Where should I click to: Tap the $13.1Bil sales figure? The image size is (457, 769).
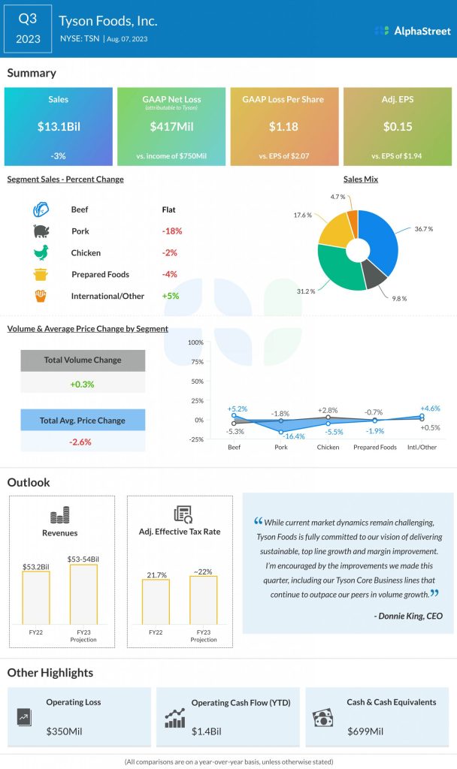click(59, 127)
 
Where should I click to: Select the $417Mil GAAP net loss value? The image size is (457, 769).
click(172, 127)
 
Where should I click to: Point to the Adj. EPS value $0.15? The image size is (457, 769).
click(397, 127)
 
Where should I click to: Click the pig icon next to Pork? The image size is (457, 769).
click(41, 231)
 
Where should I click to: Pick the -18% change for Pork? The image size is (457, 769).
click(172, 231)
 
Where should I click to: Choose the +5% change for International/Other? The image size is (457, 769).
click(170, 296)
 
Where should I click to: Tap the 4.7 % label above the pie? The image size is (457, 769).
click(337, 197)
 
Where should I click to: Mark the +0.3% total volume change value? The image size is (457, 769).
click(82, 384)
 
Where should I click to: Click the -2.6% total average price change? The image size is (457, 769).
click(80, 442)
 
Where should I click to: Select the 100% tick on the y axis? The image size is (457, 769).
click(195, 342)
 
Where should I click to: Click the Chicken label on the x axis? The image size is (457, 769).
click(328, 448)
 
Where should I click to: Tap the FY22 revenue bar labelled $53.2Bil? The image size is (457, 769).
click(36, 597)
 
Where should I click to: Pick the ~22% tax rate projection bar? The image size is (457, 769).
click(203, 599)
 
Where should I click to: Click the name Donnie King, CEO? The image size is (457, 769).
click(407, 617)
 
